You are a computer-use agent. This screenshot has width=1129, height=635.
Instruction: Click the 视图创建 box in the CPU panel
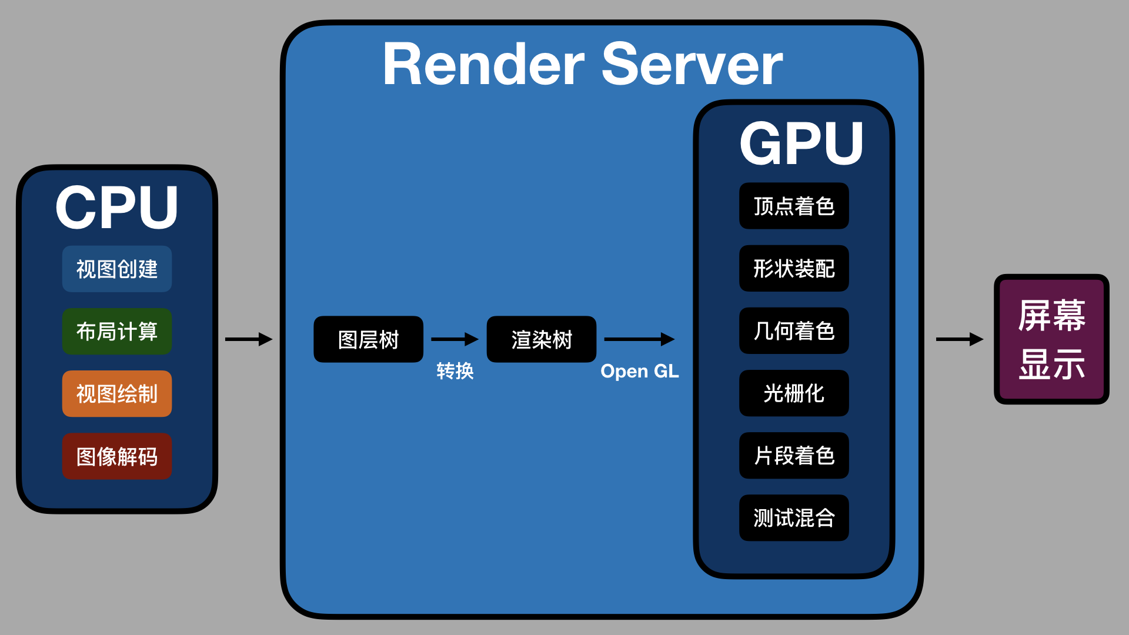pyautogui.click(x=117, y=269)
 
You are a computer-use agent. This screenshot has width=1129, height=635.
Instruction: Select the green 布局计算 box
pyautogui.click(x=117, y=331)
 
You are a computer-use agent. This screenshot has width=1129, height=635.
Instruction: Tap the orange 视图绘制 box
pyautogui.click(x=117, y=393)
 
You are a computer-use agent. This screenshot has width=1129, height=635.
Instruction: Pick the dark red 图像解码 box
pyautogui.click(x=117, y=456)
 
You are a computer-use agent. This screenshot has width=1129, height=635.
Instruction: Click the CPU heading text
pyautogui.click(x=117, y=207)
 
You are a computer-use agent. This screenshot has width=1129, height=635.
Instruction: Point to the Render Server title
pyautogui.click(x=582, y=65)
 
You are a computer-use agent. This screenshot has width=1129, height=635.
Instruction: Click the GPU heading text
pyautogui.click(x=801, y=143)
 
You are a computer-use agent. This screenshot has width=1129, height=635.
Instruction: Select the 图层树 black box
pyautogui.click(x=368, y=339)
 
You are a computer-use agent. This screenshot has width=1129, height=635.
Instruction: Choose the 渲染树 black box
pyautogui.click(x=542, y=339)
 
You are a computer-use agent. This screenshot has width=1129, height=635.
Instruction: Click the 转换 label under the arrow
pyautogui.click(x=455, y=371)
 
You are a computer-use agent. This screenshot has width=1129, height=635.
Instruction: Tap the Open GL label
pyautogui.click(x=639, y=371)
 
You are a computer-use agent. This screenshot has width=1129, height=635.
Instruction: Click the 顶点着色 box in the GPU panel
pyautogui.click(x=794, y=206)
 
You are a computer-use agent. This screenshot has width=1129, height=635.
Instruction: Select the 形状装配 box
pyautogui.click(x=794, y=268)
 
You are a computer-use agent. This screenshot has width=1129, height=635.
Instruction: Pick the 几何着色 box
pyautogui.click(x=794, y=330)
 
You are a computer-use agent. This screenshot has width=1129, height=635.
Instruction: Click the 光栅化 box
pyautogui.click(x=794, y=393)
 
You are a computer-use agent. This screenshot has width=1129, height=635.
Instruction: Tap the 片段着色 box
pyautogui.click(x=794, y=455)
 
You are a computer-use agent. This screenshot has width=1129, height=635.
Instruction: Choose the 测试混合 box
pyautogui.click(x=794, y=517)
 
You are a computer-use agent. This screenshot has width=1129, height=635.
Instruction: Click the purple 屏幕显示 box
pyautogui.click(x=1051, y=339)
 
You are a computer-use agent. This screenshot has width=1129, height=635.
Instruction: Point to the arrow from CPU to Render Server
pyautogui.click(x=248, y=339)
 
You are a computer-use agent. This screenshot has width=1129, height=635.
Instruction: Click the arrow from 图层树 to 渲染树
pyautogui.click(x=455, y=339)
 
